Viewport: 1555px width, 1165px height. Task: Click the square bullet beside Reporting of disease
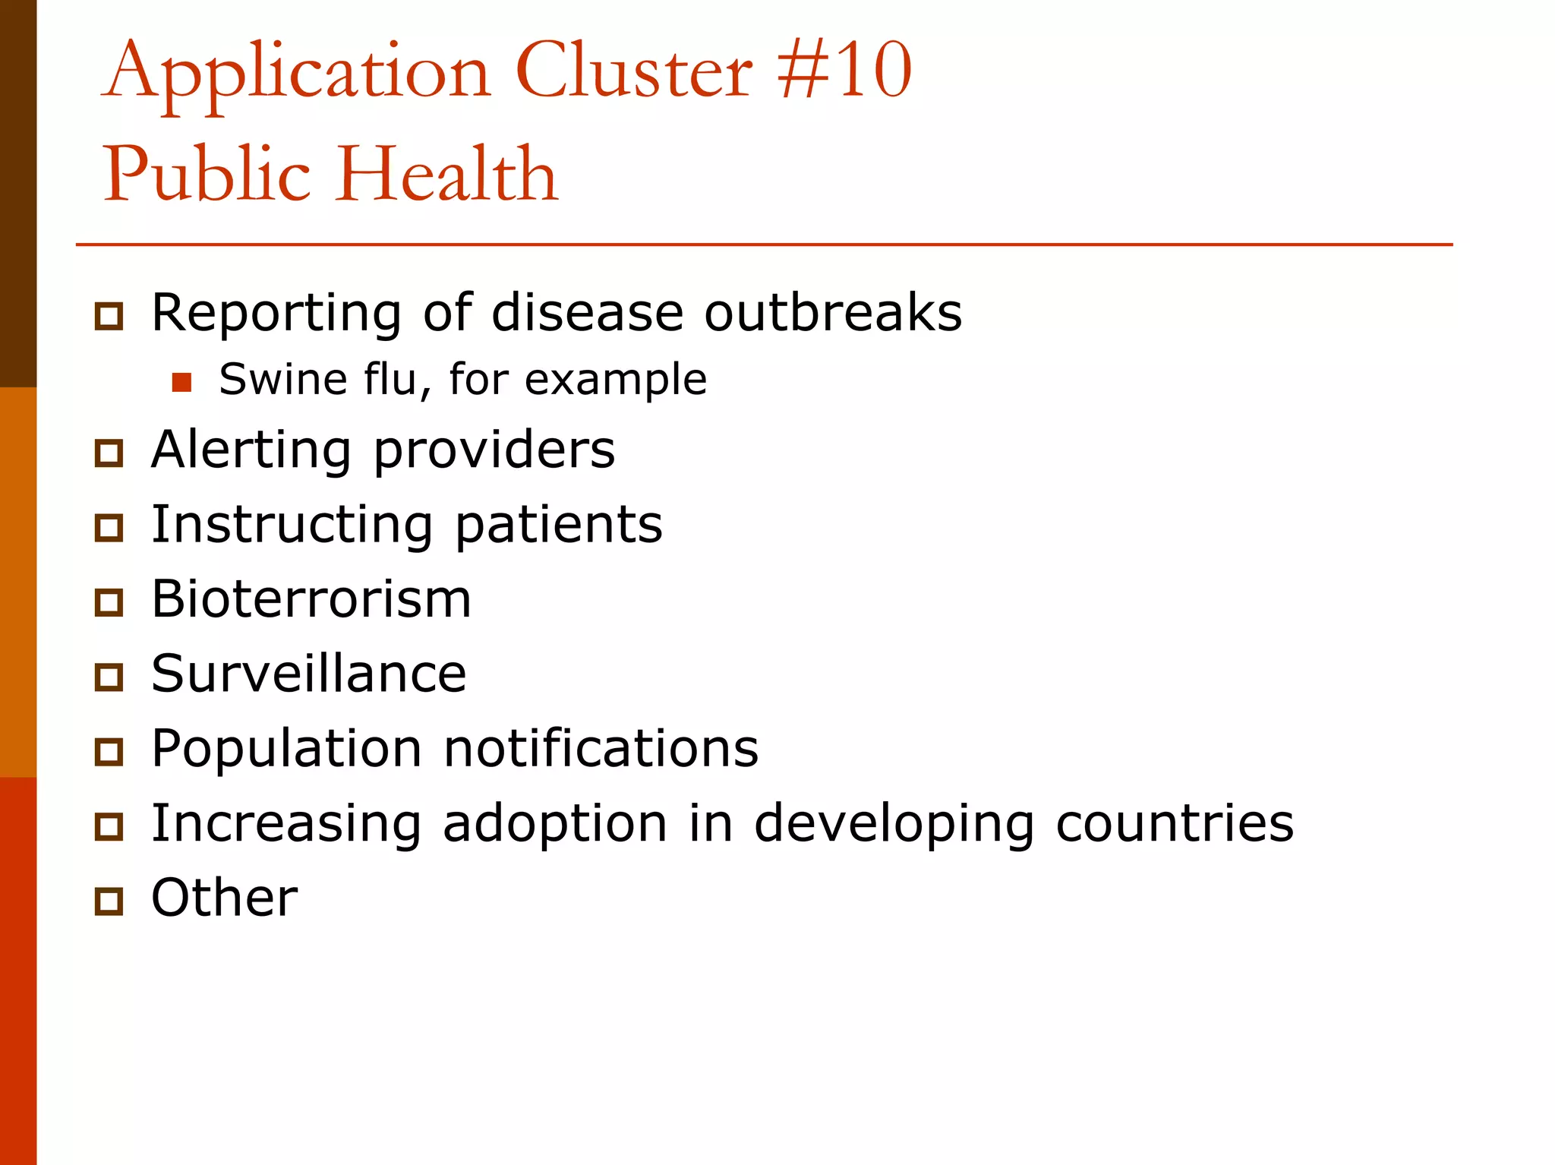click(x=109, y=315)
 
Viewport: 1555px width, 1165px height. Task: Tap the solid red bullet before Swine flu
click(x=181, y=382)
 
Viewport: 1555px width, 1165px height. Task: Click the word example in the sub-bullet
click(x=616, y=380)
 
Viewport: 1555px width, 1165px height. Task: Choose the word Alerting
click(x=251, y=450)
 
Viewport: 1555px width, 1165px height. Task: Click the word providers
click(x=494, y=451)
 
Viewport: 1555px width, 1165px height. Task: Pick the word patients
click(x=559, y=526)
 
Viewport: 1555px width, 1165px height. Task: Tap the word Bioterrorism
click(x=311, y=598)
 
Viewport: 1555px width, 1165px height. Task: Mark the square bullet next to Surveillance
click(x=109, y=677)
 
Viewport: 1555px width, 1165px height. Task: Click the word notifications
click(x=601, y=748)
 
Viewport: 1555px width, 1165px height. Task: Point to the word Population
click(x=286, y=749)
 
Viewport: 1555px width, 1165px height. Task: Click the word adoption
click(x=555, y=824)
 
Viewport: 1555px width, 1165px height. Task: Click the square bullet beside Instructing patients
click(x=109, y=528)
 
